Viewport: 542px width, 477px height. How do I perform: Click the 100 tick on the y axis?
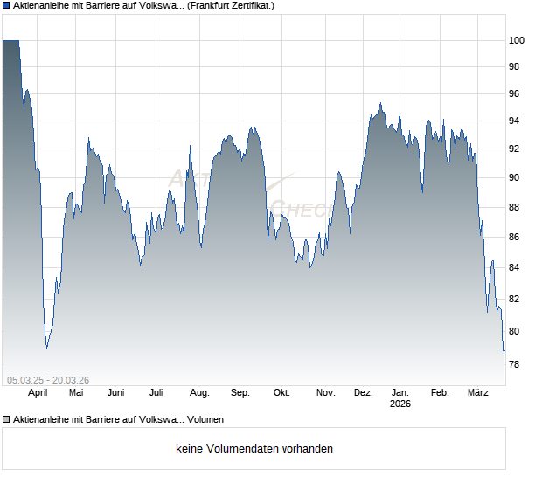tap(518, 40)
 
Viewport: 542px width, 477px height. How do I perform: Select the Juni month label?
tap(115, 392)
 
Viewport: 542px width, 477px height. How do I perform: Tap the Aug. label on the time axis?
tap(199, 392)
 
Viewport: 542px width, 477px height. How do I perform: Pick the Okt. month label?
tap(281, 392)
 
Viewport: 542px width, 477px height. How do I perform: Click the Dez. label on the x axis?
tap(365, 392)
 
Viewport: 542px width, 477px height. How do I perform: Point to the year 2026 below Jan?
tap(400, 404)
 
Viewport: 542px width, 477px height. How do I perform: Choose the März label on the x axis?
tap(477, 392)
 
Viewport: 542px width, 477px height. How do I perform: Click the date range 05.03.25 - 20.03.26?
tap(48, 379)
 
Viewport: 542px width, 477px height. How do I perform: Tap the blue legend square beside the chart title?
tap(7, 6)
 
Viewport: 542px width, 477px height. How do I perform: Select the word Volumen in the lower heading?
tap(205, 419)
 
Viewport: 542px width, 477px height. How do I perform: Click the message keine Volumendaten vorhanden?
tap(254, 449)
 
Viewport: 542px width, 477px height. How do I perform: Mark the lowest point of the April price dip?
tap(47, 349)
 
